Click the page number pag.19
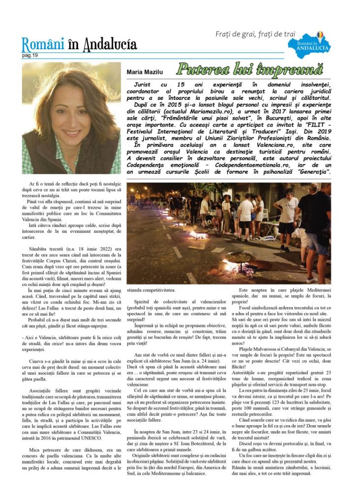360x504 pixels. (30, 55)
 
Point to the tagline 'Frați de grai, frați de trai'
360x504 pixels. (255, 34)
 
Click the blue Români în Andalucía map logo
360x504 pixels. (313, 45)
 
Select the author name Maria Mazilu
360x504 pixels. (146, 72)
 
